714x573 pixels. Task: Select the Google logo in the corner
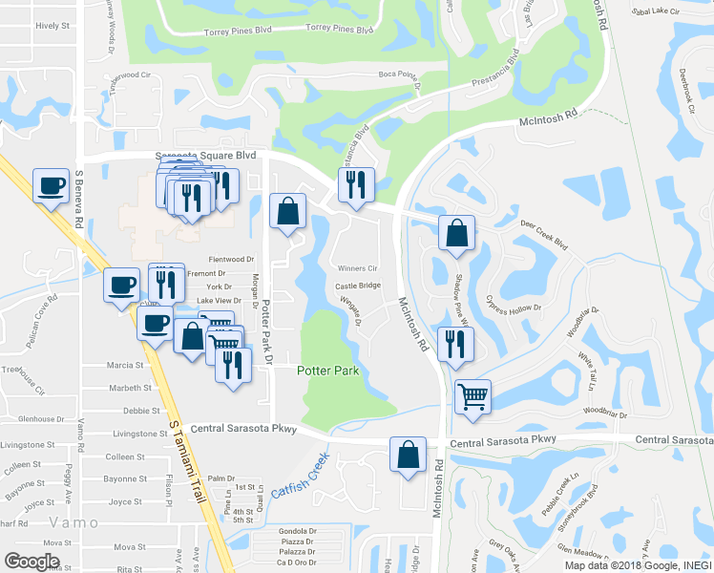click(x=31, y=562)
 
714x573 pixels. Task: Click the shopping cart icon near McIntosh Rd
click(x=473, y=396)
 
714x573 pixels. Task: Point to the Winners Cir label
click(x=353, y=268)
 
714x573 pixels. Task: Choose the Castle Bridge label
click(x=358, y=286)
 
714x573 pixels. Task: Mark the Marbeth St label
click(x=130, y=388)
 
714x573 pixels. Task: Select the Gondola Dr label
click(x=297, y=530)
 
